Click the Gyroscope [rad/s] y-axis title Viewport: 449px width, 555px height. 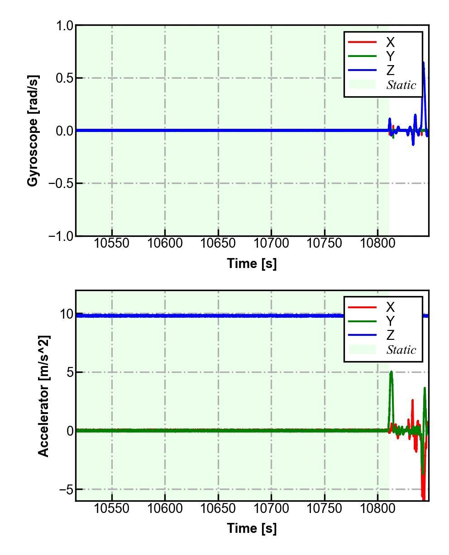(33, 131)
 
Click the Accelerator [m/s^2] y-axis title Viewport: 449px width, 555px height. (43, 396)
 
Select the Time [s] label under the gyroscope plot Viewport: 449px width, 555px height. (252, 263)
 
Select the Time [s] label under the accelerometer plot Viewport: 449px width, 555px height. (252, 528)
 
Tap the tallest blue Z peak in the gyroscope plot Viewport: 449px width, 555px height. (424, 63)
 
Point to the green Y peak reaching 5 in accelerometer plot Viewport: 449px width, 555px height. (391, 372)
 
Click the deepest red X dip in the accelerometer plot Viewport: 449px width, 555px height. (424, 497)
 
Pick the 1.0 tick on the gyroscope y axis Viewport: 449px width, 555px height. (64, 26)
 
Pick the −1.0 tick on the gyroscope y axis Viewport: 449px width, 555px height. (61, 236)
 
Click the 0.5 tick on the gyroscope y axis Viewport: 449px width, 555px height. (64, 78)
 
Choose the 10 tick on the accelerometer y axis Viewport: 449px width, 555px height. (67, 314)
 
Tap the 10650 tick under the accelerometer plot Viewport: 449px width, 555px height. (218, 508)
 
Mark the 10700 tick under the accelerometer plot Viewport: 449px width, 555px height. (271, 508)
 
